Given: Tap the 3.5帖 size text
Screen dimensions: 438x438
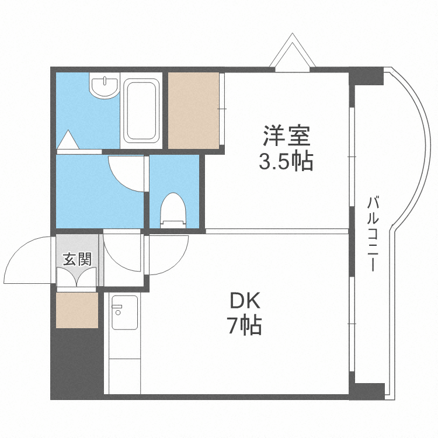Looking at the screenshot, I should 286,160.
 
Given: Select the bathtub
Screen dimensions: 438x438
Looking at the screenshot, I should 142,110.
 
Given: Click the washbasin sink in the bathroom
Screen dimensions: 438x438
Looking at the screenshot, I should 105,87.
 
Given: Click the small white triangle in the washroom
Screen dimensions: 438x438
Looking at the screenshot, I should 68,140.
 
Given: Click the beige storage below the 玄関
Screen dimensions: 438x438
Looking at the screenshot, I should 77,310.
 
